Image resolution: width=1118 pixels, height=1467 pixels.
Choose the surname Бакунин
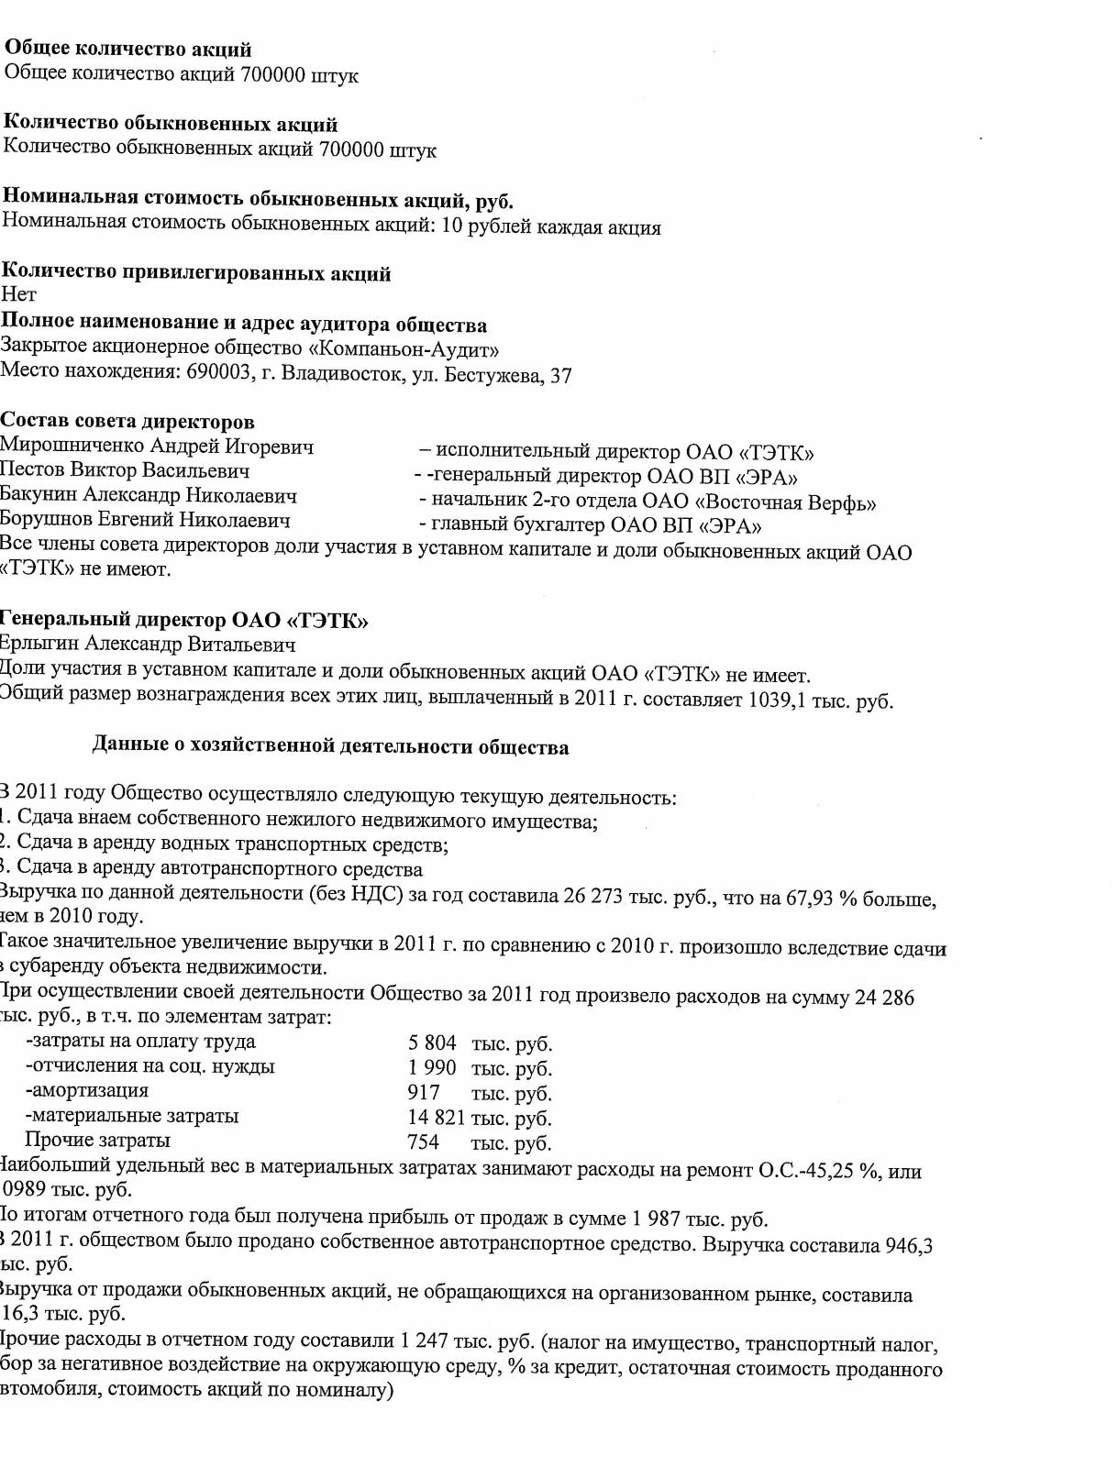click(x=39, y=495)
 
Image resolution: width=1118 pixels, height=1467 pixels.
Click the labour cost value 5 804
click(x=432, y=1043)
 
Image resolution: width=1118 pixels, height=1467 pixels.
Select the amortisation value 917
click(x=424, y=1093)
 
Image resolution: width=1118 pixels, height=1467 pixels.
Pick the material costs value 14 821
click(x=437, y=1118)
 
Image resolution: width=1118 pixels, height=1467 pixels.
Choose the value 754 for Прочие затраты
click(x=423, y=1142)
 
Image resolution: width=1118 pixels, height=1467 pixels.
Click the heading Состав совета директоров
click(x=127, y=422)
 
